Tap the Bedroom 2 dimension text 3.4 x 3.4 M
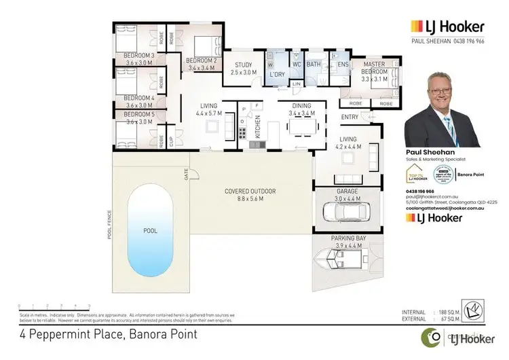click(x=201, y=68)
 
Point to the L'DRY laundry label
click(x=277, y=73)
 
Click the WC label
click(x=297, y=65)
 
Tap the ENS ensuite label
click(x=343, y=65)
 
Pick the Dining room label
click(x=302, y=106)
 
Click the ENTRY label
click(x=350, y=118)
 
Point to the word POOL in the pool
click(x=150, y=231)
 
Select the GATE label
click(x=185, y=175)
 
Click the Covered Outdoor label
click(x=250, y=192)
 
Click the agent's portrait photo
click(x=444, y=109)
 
